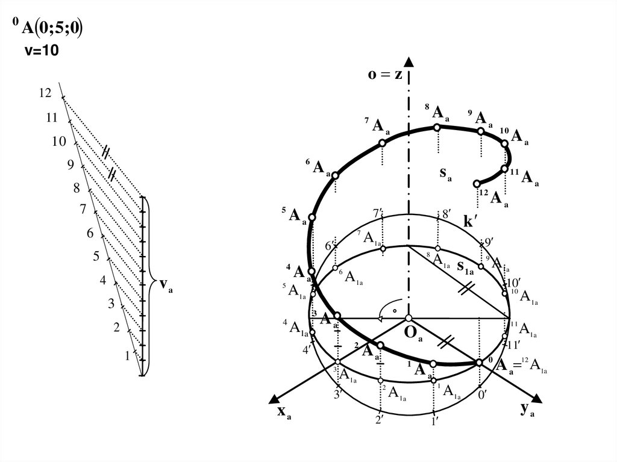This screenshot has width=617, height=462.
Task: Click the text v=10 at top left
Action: coord(41,52)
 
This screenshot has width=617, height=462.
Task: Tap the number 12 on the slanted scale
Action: coord(45,93)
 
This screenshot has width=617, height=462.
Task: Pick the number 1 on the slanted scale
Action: coord(127,356)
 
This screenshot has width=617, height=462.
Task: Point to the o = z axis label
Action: coord(385,75)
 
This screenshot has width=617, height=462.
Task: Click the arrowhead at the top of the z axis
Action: coord(409,62)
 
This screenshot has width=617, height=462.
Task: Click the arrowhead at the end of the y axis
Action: coord(538,399)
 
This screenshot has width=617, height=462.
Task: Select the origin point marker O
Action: coord(409,318)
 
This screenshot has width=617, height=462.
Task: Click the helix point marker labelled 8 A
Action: coord(438,128)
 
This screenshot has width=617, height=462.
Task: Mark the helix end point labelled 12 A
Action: coord(477,183)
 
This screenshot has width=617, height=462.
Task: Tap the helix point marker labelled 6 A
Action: coord(336,175)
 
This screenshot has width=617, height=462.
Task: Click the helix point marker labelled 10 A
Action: coord(505,143)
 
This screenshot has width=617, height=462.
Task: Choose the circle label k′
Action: coord(471,222)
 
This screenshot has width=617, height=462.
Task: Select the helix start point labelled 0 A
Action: coord(479,362)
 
